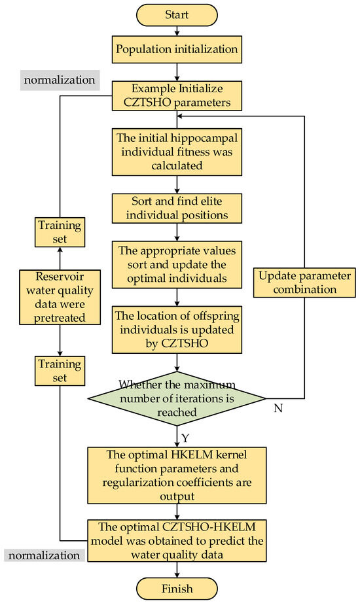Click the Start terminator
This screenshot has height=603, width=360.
[x=176, y=14]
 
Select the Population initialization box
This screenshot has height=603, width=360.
[x=176, y=48]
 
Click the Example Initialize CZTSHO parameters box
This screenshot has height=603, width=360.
[x=176, y=96]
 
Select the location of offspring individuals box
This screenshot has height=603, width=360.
[x=176, y=324]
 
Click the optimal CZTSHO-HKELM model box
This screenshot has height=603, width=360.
[x=176, y=540]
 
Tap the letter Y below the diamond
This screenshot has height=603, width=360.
[x=185, y=436]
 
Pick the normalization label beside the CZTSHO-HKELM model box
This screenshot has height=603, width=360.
[x=43, y=555]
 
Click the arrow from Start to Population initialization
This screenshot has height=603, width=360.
[x=176, y=31]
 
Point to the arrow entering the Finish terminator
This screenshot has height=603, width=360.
[x=176, y=570]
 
